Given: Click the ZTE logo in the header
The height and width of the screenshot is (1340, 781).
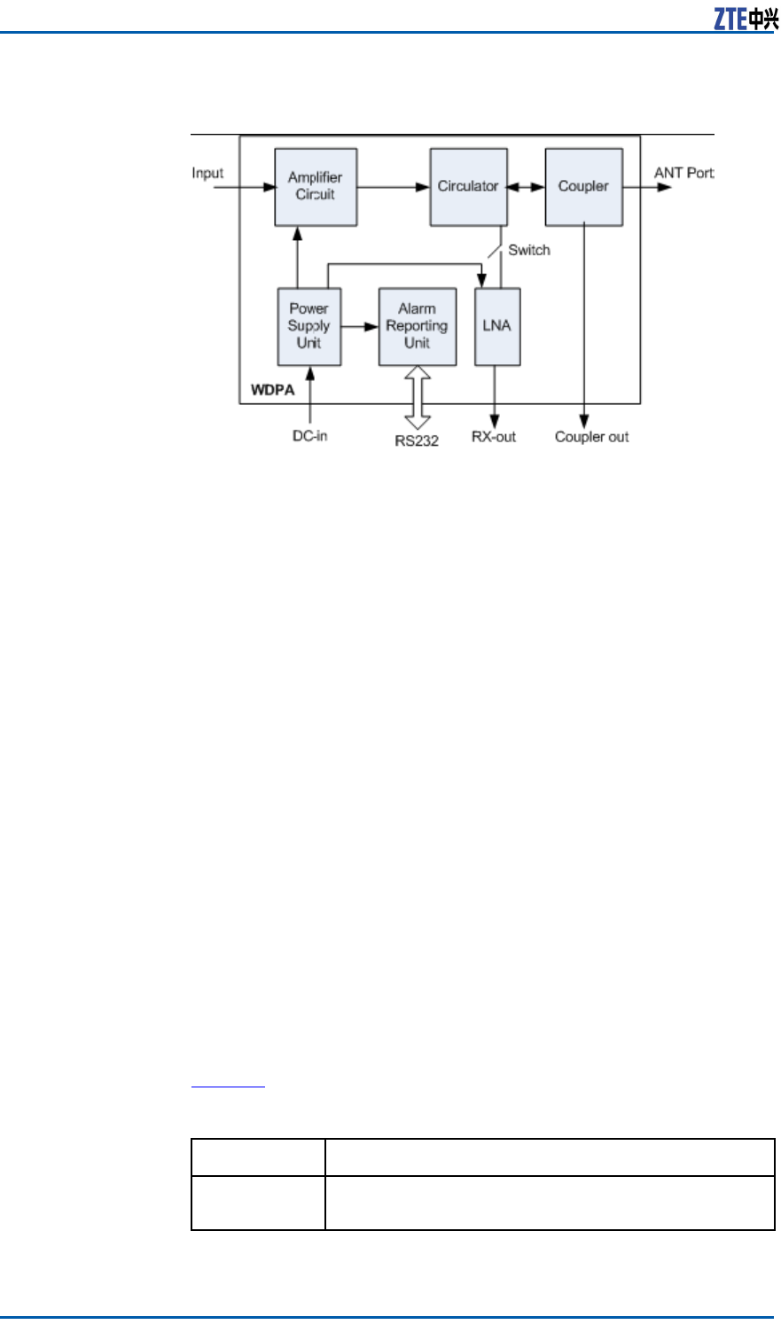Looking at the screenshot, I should click(x=746, y=19).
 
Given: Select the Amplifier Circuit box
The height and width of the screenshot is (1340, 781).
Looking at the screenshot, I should click(x=316, y=186).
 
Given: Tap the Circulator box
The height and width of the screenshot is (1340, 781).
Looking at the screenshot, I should click(x=468, y=186).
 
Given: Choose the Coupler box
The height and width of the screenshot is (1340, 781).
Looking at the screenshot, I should click(x=583, y=186).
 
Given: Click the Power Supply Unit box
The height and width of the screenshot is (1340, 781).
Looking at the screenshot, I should click(x=308, y=326).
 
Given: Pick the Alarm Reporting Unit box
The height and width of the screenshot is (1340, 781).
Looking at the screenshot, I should click(x=417, y=326).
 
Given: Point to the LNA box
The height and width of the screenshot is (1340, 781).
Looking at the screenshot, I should click(x=496, y=326).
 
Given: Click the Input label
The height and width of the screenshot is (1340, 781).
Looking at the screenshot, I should click(x=207, y=173).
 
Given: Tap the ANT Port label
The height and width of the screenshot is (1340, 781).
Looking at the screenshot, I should click(x=683, y=173).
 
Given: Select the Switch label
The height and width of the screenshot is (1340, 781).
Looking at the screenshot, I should click(x=529, y=251).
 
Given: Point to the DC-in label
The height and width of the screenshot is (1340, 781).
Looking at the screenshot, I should click(x=310, y=436).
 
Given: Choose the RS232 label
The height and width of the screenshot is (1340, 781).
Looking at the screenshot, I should click(x=417, y=440).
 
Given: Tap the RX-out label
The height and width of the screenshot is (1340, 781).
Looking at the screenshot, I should click(x=494, y=437).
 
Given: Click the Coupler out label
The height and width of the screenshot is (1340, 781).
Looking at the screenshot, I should click(x=591, y=437).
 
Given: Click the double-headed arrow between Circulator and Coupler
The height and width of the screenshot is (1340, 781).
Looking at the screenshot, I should click(x=526, y=187).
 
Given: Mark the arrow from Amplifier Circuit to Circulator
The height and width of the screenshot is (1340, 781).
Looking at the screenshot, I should click(x=393, y=187).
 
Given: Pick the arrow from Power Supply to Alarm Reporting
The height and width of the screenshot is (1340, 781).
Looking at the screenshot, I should click(x=360, y=326).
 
